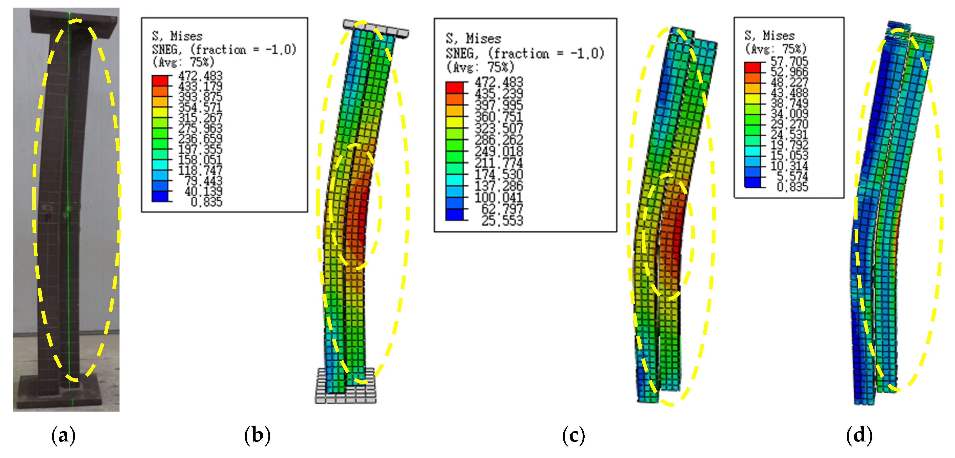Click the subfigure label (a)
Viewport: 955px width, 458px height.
click(x=63, y=435)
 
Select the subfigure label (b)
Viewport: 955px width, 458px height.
click(x=257, y=435)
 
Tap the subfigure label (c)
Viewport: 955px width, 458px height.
click(x=574, y=435)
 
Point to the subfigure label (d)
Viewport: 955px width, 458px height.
click(x=859, y=435)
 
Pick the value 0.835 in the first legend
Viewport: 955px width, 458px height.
click(x=206, y=202)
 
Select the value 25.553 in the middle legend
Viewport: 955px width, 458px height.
click(x=502, y=221)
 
